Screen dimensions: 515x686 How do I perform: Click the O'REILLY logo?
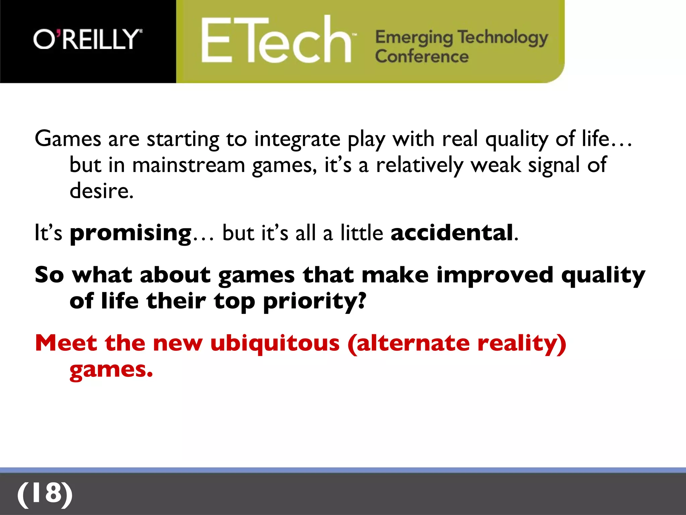[x=88, y=39]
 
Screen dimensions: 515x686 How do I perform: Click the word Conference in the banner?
[x=422, y=56]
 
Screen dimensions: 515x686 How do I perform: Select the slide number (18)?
[x=45, y=494]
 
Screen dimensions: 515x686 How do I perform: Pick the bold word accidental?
[x=452, y=233]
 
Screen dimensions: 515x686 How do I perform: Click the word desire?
[x=101, y=191]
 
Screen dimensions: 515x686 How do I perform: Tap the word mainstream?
[x=189, y=165]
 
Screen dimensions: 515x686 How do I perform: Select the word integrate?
[x=297, y=139]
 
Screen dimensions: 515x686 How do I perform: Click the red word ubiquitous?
[x=275, y=343]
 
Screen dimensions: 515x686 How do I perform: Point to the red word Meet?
[x=66, y=343]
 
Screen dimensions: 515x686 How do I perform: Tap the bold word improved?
[x=494, y=275]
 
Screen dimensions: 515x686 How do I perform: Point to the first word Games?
[x=68, y=139]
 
